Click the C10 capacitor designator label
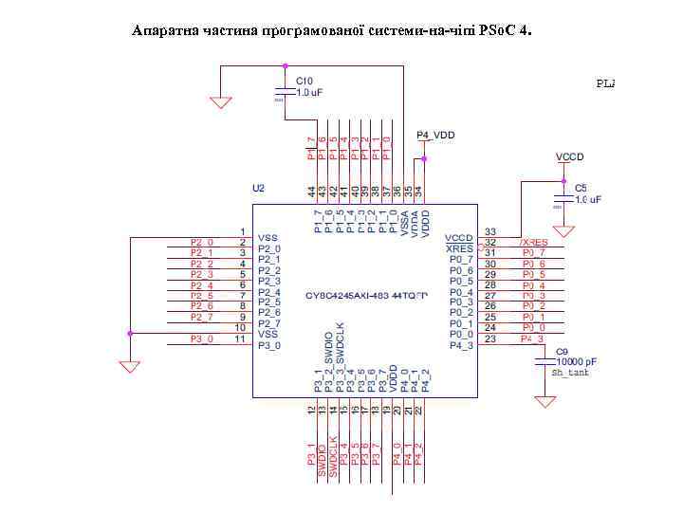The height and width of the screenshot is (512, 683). point(305,82)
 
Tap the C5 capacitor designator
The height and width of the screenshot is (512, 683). point(581,189)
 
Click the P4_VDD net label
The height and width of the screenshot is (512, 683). point(436,136)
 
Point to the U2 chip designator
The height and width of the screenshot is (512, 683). point(258,189)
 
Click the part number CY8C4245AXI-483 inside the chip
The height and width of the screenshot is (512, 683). point(365,296)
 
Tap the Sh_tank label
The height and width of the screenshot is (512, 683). point(569,374)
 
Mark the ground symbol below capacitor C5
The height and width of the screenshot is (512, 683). point(563,230)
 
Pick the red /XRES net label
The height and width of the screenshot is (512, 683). point(533,243)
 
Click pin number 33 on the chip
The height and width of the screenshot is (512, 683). point(490,231)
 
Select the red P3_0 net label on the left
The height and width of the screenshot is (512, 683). point(202,338)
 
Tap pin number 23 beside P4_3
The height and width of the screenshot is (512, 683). point(490,338)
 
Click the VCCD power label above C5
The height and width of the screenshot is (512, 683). point(569,155)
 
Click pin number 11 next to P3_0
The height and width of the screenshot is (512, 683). point(242,338)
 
